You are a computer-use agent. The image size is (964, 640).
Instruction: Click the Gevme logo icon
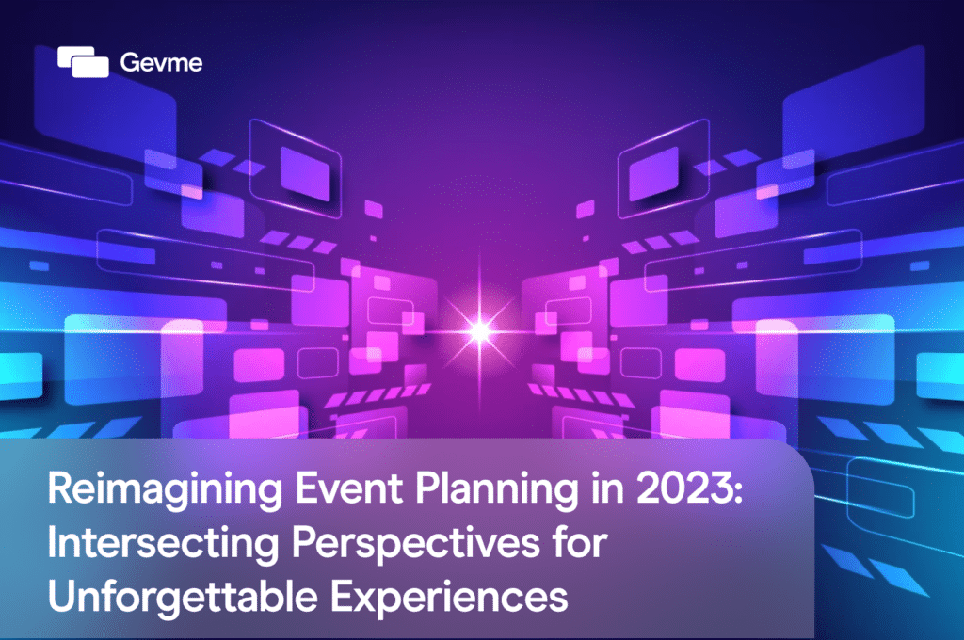coord(83,62)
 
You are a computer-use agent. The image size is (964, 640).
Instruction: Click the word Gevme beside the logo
coord(149,63)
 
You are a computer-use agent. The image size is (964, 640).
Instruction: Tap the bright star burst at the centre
coord(480,329)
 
